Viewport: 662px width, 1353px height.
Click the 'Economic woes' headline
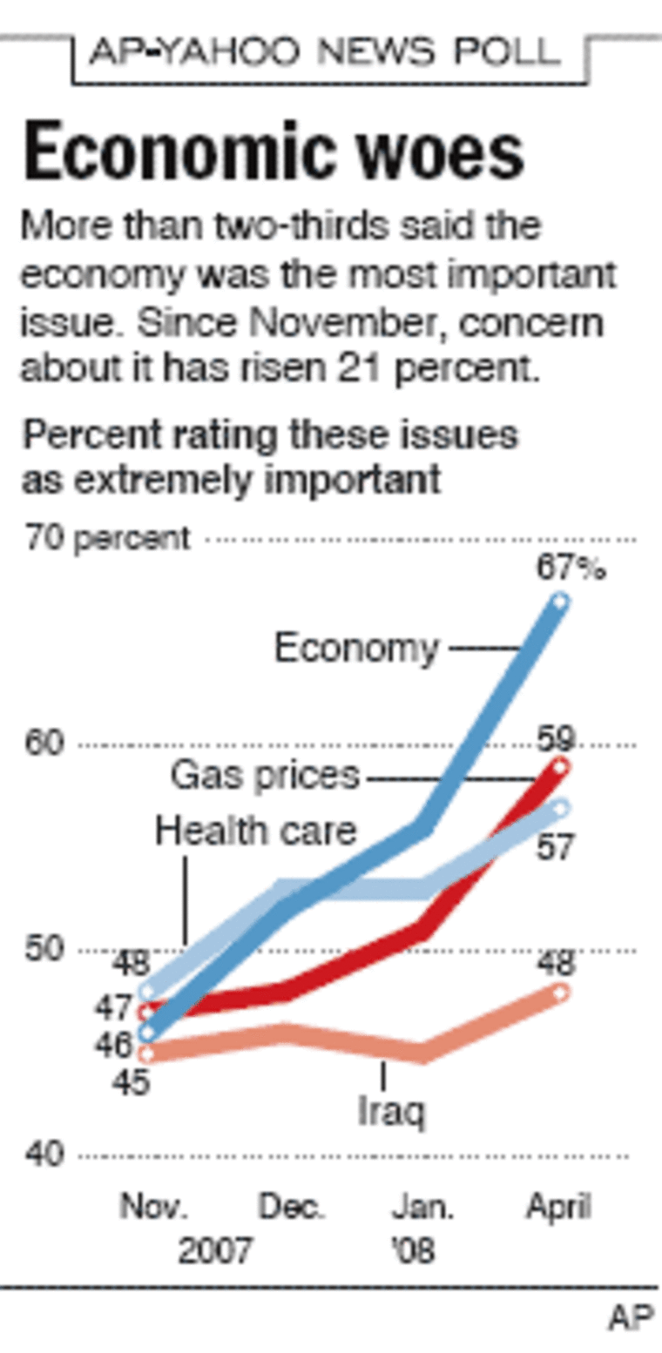pyautogui.click(x=273, y=155)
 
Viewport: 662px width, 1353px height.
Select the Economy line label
pyautogui.click(x=357, y=649)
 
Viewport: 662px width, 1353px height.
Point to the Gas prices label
pyautogui.click(x=265, y=775)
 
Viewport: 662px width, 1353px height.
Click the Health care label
pyautogui.click(x=255, y=831)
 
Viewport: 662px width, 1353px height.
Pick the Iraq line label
pyautogui.click(x=391, y=1111)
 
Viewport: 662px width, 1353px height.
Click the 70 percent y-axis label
pyautogui.click(x=106, y=539)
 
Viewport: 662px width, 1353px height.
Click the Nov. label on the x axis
pyautogui.click(x=153, y=1208)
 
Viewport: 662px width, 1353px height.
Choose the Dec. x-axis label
pyautogui.click(x=293, y=1208)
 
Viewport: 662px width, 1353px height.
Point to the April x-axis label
pyautogui.click(x=558, y=1208)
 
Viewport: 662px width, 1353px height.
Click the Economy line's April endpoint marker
pyautogui.click(x=560, y=602)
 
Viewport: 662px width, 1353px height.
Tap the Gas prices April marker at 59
pyautogui.click(x=560, y=766)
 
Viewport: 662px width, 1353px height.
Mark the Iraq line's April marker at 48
pyautogui.click(x=560, y=992)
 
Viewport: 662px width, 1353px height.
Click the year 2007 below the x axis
pyautogui.click(x=214, y=1252)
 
